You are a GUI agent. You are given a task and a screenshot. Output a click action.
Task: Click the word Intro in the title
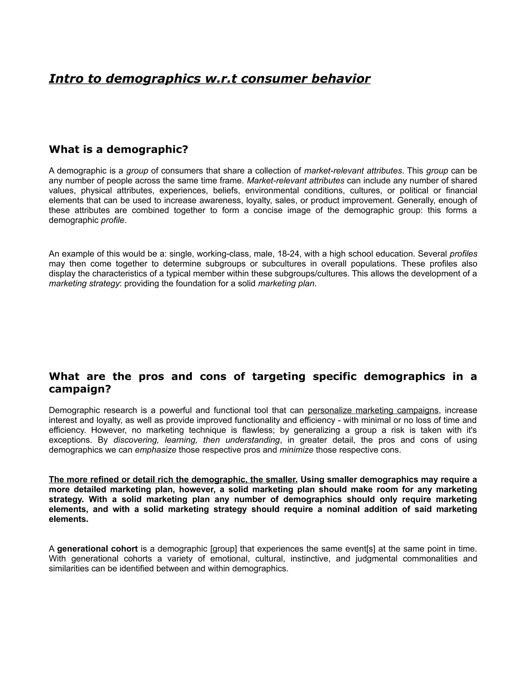(65, 79)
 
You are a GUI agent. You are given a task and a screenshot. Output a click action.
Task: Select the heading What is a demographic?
(118, 149)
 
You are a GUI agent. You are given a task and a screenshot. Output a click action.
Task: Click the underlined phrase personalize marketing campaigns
(373, 410)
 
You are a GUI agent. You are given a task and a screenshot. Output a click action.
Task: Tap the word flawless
(258, 430)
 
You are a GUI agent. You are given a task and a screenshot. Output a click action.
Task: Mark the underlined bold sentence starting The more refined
(173, 480)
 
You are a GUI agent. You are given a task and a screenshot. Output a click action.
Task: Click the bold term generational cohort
(97, 549)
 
